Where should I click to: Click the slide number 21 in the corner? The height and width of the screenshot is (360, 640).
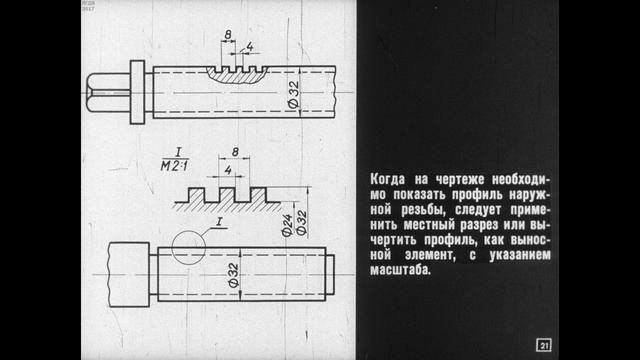pos(544,345)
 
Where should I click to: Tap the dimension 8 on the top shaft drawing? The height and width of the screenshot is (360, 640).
pos(228,35)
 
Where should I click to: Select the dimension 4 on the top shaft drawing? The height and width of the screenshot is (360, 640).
pos(250,47)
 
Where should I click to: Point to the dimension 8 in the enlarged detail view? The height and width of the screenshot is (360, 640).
pos(235,152)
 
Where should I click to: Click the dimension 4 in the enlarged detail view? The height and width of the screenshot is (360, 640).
pos(228,170)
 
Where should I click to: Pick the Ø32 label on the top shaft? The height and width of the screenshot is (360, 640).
pos(293,94)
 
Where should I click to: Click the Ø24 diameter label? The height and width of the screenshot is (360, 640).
pos(287,225)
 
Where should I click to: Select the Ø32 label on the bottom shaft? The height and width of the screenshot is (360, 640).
pos(233,276)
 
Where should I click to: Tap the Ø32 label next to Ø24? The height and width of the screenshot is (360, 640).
pos(301,222)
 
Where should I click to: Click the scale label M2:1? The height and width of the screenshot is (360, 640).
pos(175,166)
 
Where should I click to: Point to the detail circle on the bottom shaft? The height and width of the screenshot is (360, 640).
pos(172,247)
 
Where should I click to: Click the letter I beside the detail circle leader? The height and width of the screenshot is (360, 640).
pos(219,222)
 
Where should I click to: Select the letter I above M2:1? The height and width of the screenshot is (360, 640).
pos(178,152)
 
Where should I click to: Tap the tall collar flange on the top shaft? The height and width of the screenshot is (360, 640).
pos(137,92)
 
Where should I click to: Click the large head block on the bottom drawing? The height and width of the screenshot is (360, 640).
pos(129,274)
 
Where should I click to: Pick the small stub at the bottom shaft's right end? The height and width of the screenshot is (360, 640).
pos(330,274)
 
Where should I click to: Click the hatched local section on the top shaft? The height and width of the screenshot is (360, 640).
pos(237,76)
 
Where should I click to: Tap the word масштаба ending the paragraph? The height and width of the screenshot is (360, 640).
pos(400,270)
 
